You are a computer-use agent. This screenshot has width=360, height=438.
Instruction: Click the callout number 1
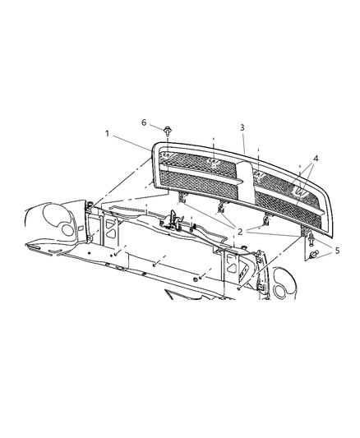(x=107, y=134)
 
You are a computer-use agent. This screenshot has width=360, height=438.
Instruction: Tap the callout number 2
(x=240, y=232)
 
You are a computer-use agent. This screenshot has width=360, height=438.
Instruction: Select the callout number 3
(x=242, y=127)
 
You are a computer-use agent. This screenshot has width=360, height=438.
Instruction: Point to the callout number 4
(x=316, y=159)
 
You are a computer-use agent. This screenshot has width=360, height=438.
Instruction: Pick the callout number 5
(x=337, y=251)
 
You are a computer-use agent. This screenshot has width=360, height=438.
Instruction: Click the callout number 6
(x=144, y=122)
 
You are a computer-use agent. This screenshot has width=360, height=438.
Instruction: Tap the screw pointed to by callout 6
(x=167, y=131)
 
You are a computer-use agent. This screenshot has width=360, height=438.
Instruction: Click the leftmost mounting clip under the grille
(x=182, y=198)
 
